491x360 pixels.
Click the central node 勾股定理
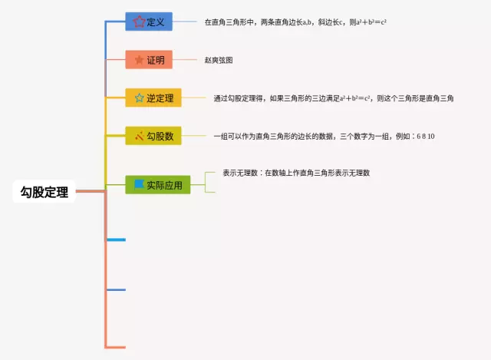(45, 192)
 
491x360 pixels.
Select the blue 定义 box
(149, 22)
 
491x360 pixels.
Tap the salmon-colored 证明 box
(149, 59)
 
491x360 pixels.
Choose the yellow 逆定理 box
(153, 97)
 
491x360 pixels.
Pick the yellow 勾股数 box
(153, 136)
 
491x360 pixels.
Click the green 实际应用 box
(158, 184)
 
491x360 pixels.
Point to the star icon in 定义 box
(138, 22)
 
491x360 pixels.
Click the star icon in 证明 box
(138, 59)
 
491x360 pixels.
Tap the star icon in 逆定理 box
(139, 97)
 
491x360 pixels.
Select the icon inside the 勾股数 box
(139, 136)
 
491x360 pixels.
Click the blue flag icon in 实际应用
(139, 184)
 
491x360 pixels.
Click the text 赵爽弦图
(219, 59)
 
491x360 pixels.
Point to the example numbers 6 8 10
(426, 136)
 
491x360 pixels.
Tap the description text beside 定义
(295, 22)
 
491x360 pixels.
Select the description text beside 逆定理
(334, 97)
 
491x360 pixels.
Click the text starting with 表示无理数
(296, 173)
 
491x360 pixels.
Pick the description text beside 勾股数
(315, 136)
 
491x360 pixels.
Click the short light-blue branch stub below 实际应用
(116, 240)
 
